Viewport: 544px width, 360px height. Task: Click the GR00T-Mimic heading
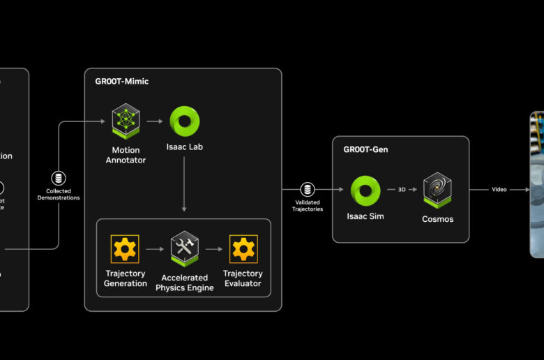pos(121,82)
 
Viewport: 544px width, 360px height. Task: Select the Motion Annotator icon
pos(126,121)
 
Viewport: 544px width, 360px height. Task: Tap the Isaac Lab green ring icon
pos(185,121)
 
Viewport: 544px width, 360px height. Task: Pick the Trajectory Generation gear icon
pos(126,248)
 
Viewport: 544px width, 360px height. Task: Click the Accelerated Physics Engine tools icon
pos(185,248)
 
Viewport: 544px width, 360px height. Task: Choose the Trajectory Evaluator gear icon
pos(243,248)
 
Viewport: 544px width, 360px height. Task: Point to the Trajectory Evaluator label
pos(243,278)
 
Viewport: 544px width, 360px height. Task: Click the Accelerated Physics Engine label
pos(185,283)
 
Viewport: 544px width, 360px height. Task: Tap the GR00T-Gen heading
pos(365,149)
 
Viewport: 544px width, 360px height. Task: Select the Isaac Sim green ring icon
pos(365,190)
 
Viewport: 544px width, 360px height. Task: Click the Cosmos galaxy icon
pos(438,189)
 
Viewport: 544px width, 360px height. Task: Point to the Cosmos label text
pos(438,219)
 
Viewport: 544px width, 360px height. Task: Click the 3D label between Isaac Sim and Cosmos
pos(402,190)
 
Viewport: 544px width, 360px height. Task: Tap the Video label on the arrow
pos(499,190)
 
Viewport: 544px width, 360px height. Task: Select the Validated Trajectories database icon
pos(307,189)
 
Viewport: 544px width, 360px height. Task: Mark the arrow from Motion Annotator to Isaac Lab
pos(155,121)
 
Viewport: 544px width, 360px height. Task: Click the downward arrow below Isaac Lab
pos(184,185)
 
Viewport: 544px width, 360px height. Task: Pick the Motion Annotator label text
pos(126,155)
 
